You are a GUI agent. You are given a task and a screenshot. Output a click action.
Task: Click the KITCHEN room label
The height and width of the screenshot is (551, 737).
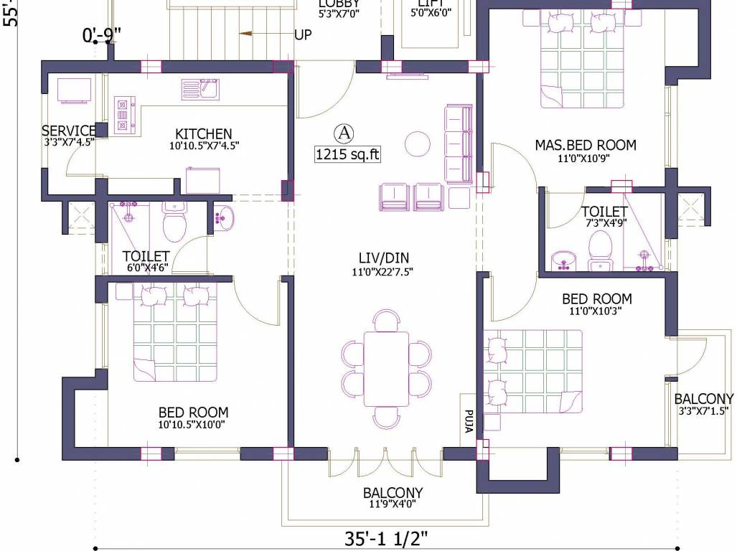[x=204, y=134]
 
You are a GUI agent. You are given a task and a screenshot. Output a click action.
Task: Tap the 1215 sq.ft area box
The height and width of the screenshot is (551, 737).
[x=347, y=154]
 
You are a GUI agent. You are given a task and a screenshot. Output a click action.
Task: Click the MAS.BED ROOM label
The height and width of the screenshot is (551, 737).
[x=585, y=145]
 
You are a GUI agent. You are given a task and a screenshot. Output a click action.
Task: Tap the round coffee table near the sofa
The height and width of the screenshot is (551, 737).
[x=417, y=143]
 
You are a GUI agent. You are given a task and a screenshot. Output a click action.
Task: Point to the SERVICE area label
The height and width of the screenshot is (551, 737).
[x=68, y=131]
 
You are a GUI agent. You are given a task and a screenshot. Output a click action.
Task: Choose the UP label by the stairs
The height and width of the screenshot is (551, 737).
[x=303, y=34]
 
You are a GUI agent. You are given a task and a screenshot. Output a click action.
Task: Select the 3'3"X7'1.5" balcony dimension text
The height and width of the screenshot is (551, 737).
[x=703, y=412]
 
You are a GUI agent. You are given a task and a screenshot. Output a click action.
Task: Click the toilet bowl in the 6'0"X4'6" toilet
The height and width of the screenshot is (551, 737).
[x=174, y=225]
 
